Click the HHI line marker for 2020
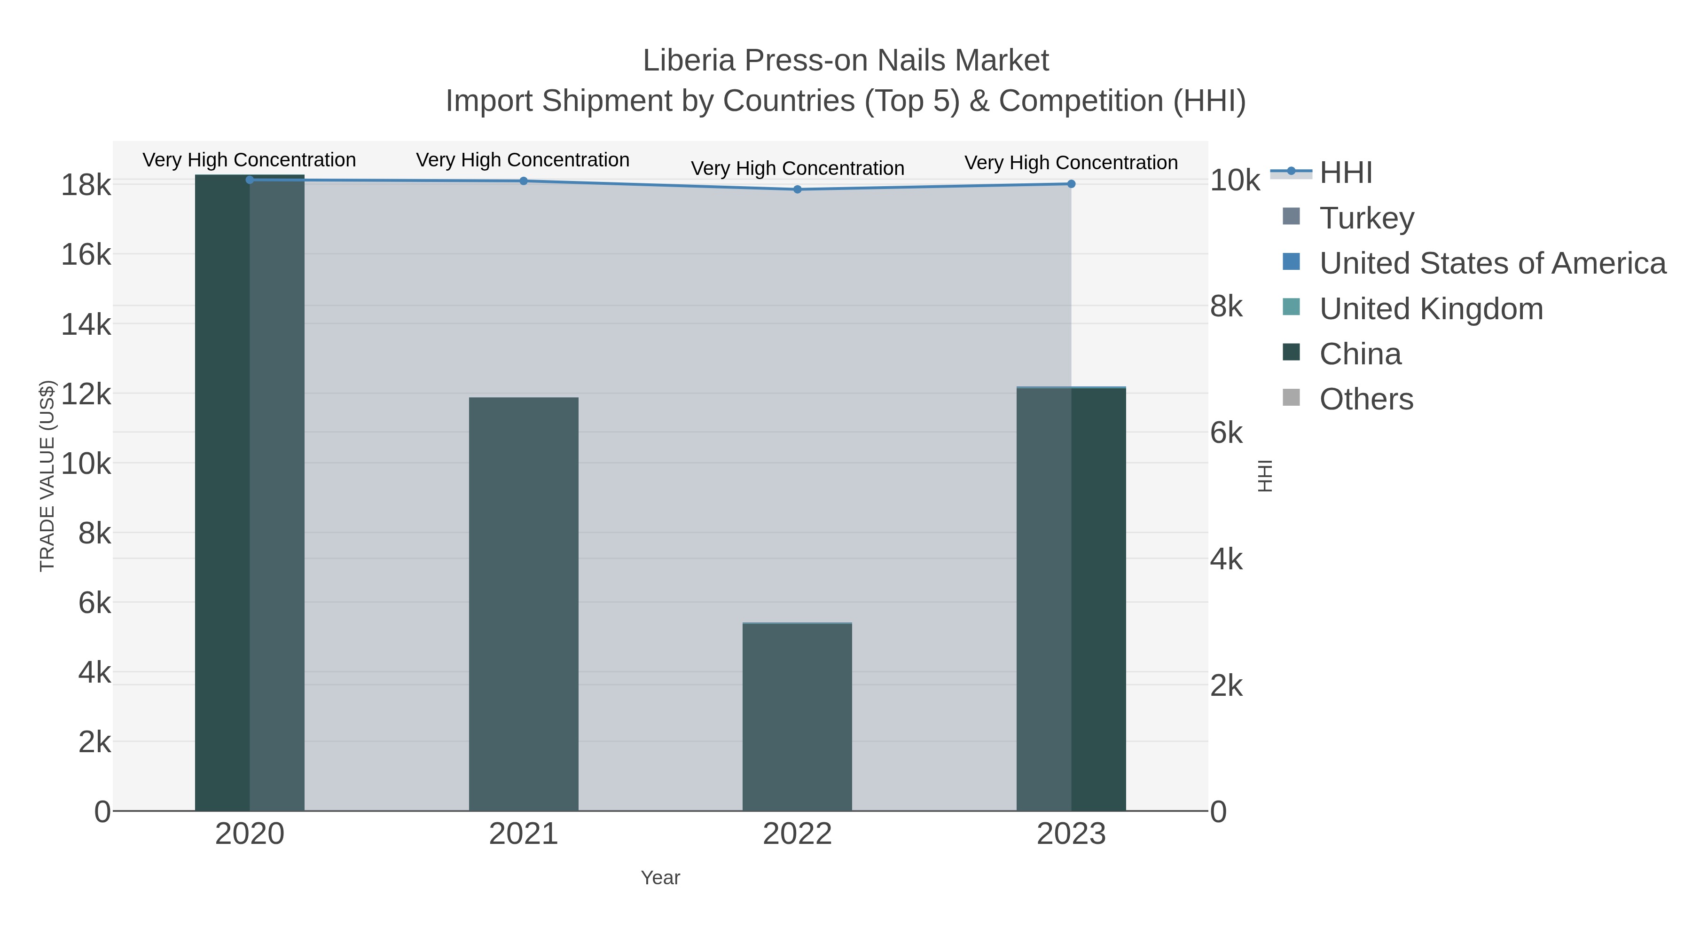click(x=250, y=180)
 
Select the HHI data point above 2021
click(x=524, y=181)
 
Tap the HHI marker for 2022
click(x=798, y=189)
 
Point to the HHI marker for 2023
click(x=1071, y=184)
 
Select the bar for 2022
click(x=798, y=716)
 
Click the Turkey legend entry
click(x=1366, y=218)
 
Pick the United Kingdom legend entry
click(x=1431, y=309)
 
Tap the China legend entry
click(x=1360, y=354)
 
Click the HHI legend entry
click(x=1345, y=173)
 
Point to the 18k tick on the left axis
click(x=86, y=185)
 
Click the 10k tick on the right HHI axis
click(x=1235, y=181)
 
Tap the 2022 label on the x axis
click(x=798, y=834)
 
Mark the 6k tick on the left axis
click(x=94, y=603)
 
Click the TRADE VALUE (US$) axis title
click(x=47, y=476)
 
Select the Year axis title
click(x=660, y=878)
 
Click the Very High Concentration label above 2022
click(x=798, y=168)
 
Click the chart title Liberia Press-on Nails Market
click(x=846, y=61)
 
